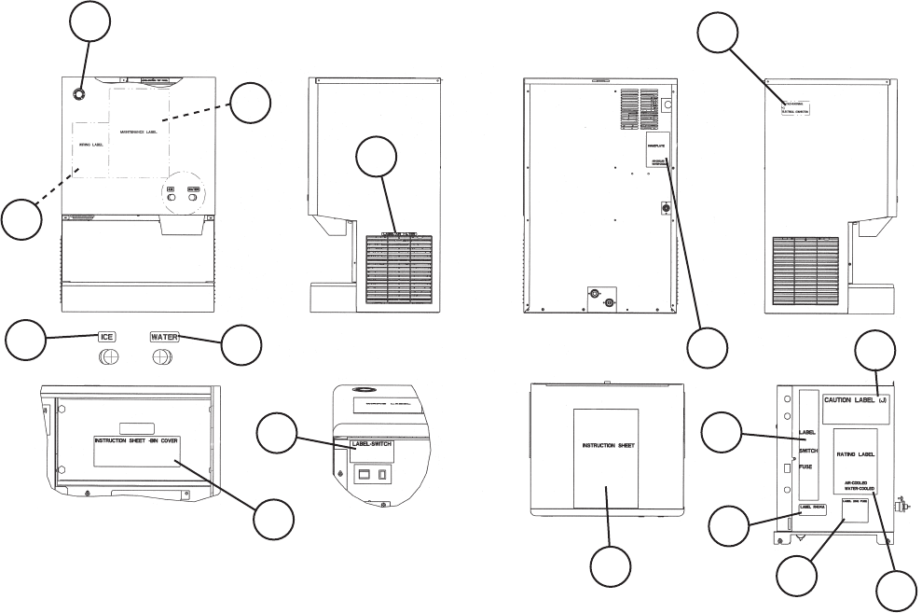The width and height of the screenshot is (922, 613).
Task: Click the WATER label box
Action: point(164,335)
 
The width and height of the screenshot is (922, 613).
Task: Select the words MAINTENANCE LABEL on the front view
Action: point(140,133)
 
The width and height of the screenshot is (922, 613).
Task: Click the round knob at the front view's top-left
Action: point(77,95)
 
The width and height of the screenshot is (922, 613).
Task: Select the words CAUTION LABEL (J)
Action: point(857,401)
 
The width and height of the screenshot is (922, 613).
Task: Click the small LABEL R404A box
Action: point(813,509)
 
